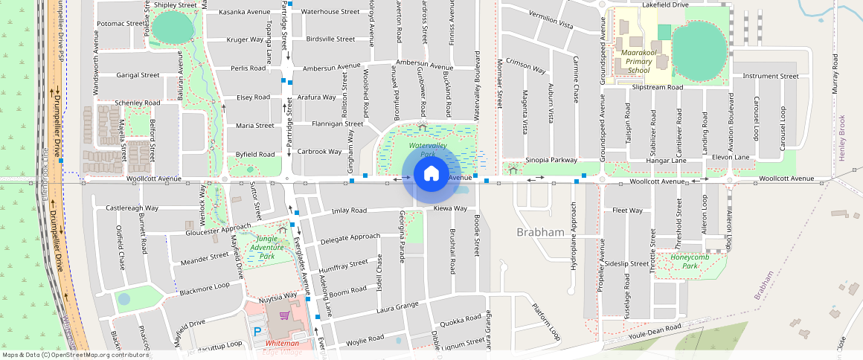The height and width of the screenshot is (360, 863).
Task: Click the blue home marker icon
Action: pyautogui.click(x=431, y=175)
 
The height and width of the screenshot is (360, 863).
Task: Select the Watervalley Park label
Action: pyautogui.click(x=427, y=150)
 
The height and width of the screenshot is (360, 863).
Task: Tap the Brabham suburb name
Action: pyautogui.click(x=540, y=232)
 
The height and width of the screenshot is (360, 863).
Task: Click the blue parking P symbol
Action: pyautogui.click(x=258, y=331)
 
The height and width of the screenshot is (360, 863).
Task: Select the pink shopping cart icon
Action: pyautogui.click(x=283, y=315)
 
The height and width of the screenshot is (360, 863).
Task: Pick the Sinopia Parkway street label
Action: pyautogui.click(x=551, y=160)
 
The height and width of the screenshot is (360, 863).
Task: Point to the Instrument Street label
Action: pyautogui.click(x=770, y=76)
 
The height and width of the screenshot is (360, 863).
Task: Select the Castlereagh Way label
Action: pyautogui.click(x=132, y=208)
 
